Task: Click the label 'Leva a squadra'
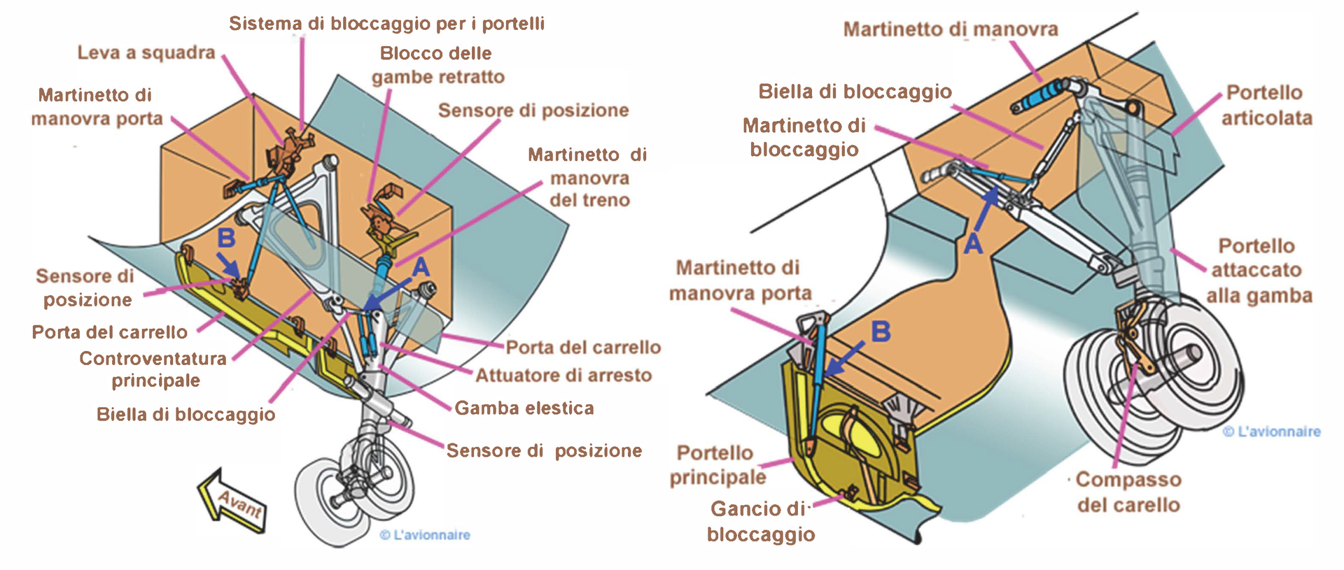coord(146,52)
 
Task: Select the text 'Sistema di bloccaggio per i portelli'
coord(386,24)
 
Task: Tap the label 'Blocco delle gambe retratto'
coord(437,65)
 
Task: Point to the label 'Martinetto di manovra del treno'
coord(589,178)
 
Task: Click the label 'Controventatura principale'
coord(153,369)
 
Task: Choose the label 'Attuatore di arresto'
coord(563,376)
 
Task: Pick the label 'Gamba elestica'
coord(524,408)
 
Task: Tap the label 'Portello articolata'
coord(1266,105)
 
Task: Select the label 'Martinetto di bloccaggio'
coord(804,137)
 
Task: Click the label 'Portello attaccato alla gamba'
coord(1258,271)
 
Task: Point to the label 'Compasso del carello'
coord(1128,492)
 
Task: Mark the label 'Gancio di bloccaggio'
coord(760,522)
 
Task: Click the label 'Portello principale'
coord(717,465)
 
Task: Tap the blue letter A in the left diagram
coord(420,267)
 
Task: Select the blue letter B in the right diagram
coord(881,332)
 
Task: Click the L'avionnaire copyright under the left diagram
coord(425,535)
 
